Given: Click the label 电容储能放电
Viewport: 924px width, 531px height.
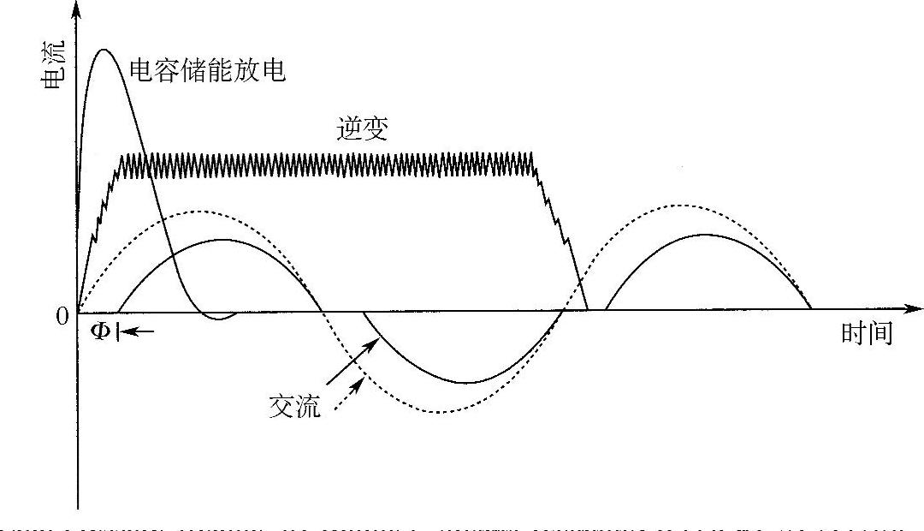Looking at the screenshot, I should (x=207, y=70).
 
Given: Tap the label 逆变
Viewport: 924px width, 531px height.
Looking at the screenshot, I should (x=363, y=128).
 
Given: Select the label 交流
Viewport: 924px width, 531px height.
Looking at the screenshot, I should (x=294, y=407).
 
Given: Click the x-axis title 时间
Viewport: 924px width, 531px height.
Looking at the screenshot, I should (x=866, y=334).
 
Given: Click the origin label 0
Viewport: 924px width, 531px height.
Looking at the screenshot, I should (x=62, y=317).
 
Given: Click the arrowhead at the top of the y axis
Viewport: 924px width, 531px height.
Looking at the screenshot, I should (x=78, y=9).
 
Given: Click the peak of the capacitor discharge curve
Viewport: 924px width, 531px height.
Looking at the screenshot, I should (x=104, y=50).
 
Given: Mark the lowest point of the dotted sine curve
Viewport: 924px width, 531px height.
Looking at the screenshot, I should (x=438, y=412).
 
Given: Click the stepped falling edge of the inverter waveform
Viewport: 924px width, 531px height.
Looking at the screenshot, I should (x=560, y=231).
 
